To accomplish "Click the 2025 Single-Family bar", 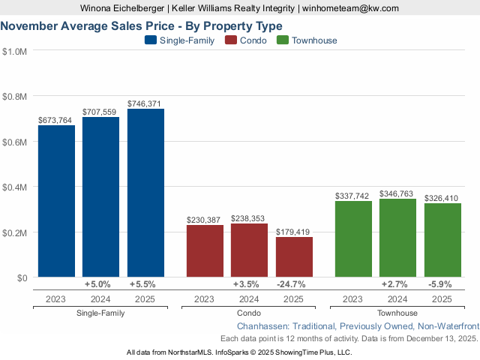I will coord(145,193).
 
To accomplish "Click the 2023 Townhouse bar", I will coord(353,239).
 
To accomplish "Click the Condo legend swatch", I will coord(231,40).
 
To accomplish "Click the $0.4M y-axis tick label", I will coord(15,187).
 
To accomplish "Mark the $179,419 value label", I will coord(294,232).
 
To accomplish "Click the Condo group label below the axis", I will coord(249,313).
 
